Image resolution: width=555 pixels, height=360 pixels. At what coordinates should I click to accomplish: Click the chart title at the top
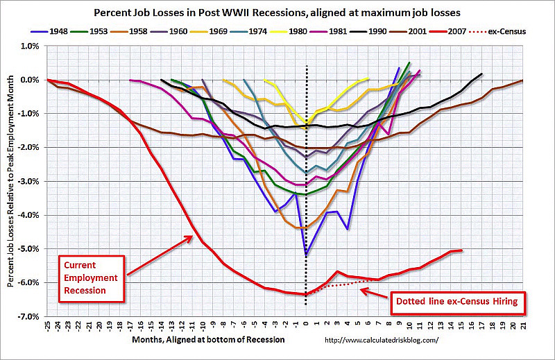pos(277,14)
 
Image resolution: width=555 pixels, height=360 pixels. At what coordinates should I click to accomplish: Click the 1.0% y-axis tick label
pos(30,46)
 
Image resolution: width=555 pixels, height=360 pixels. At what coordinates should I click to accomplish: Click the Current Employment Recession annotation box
pos(90,275)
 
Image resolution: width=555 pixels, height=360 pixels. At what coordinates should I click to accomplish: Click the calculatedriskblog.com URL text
pos(382,340)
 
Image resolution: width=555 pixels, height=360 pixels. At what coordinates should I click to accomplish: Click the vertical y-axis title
pos(10,180)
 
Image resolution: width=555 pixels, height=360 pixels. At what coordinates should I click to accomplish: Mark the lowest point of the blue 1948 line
pos(307,255)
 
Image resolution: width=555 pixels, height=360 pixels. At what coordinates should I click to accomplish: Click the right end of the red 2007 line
pos(461,250)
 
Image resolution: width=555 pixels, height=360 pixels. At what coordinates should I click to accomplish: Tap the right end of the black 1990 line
pos(481,74)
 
